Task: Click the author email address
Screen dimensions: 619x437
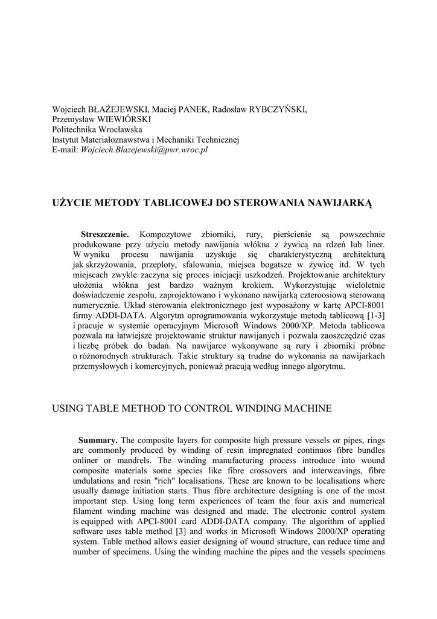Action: pyautogui.click(x=144, y=149)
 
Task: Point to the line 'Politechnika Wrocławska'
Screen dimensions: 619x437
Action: pyautogui.click(x=97, y=129)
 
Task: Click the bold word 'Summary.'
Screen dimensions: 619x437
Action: pyautogui.click(x=98, y=439)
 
